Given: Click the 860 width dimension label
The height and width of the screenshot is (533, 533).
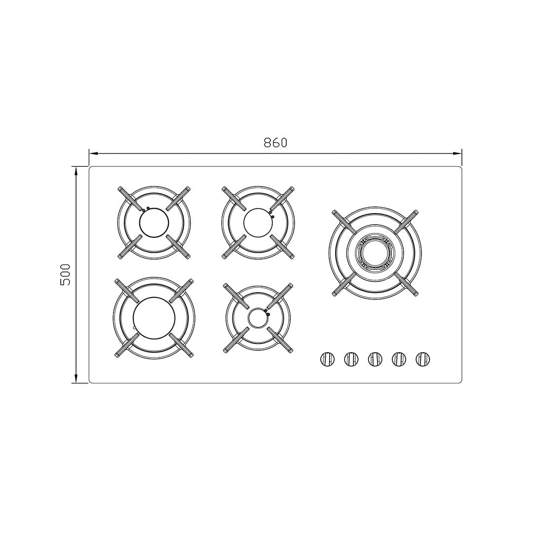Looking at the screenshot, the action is (x=275, y=143).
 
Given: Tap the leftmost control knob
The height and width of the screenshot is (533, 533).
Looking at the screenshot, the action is (x=327, y=359).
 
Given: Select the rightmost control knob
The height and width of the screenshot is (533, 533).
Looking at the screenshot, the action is (x=423, y=359).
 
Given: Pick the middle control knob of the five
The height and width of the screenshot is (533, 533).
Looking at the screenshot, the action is (x=375, y=359).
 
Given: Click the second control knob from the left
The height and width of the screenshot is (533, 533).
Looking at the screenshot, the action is (x=351, y=359).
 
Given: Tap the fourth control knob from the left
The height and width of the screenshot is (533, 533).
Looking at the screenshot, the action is (x=399, y=359).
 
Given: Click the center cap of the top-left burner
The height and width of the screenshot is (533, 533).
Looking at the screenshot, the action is (x=153, y=222).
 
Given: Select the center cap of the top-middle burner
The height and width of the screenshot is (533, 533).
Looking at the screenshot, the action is (x=258, y=222).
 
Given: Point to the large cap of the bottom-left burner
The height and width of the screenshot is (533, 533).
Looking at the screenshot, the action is (x=154, y=318).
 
